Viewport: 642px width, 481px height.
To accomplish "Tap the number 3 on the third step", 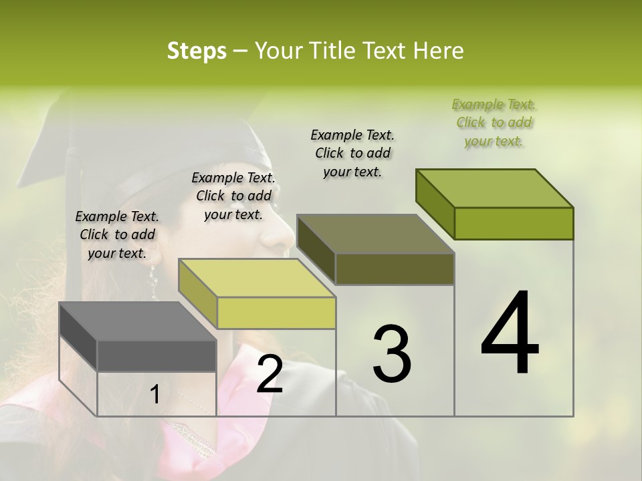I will (x=392, y=353).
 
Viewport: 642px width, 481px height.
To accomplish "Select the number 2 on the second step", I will (x=270, y=374).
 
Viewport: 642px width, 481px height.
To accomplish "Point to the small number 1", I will (x=154, y=395).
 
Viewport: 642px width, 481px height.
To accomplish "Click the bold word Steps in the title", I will (x=196, y=51).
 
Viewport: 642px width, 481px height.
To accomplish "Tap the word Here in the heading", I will (x=439, y=51).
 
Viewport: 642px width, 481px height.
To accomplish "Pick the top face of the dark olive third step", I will (x=375, y=234).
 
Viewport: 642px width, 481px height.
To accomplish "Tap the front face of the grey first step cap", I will (x=156, y=355).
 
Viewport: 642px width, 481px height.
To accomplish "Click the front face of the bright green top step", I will (x=514, y=223).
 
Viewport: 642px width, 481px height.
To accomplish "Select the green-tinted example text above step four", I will (x=494, y=122).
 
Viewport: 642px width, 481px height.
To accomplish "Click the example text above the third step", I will (x=352, y=153).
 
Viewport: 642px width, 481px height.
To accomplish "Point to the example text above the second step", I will (x=233, y=196).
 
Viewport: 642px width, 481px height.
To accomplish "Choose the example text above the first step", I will (x=117, y=234).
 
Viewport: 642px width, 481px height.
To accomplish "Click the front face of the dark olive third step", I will (x=395, y=269).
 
